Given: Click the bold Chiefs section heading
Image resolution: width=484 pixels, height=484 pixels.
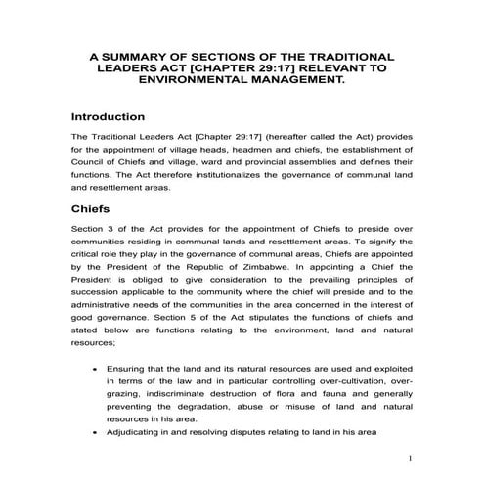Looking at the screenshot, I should click(94, 208).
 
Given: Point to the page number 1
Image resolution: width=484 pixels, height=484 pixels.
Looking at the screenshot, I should click(411, 456).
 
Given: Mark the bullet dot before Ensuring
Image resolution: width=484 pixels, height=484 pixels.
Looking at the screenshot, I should click(93, 371).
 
